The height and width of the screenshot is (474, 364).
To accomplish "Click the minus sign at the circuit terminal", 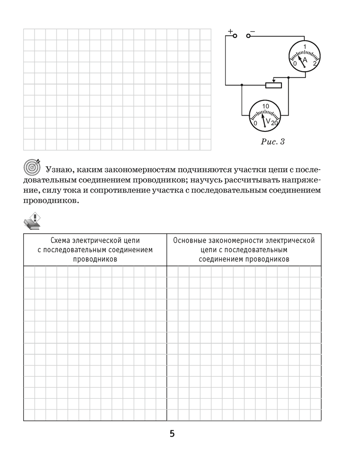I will tap(253, 31).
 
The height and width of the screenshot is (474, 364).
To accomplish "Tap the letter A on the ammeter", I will tap(305, 61).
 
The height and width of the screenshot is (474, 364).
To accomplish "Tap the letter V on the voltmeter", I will tap(268, 122).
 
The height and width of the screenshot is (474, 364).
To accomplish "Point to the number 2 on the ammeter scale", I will tap(315, 63).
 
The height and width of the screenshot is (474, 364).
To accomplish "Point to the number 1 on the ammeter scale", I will tap(305, 46).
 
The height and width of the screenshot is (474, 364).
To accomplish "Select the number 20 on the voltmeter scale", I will tap(275, 123).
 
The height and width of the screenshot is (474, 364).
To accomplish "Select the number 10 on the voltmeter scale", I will tap(265, 106).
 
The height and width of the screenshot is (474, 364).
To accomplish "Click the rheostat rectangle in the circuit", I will tap(273, 85).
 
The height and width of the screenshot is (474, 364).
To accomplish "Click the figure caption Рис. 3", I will tap(273, 141).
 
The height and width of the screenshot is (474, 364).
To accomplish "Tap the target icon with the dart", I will tap(32, 167).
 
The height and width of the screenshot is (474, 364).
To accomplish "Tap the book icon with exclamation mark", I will tap(32, 221).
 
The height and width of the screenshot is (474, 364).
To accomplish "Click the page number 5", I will tap(172, 434).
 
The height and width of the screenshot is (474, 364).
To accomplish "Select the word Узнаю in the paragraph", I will tap(59, 169).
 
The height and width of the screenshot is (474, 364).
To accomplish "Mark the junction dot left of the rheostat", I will tap(242, 85).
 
